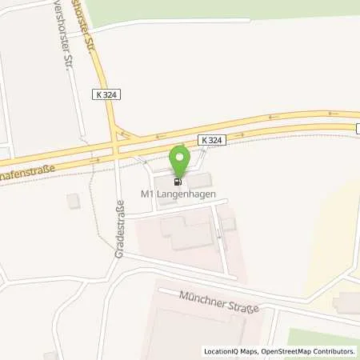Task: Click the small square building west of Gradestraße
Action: [x=74, y=201]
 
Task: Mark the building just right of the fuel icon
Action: [x=200, y=181]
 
